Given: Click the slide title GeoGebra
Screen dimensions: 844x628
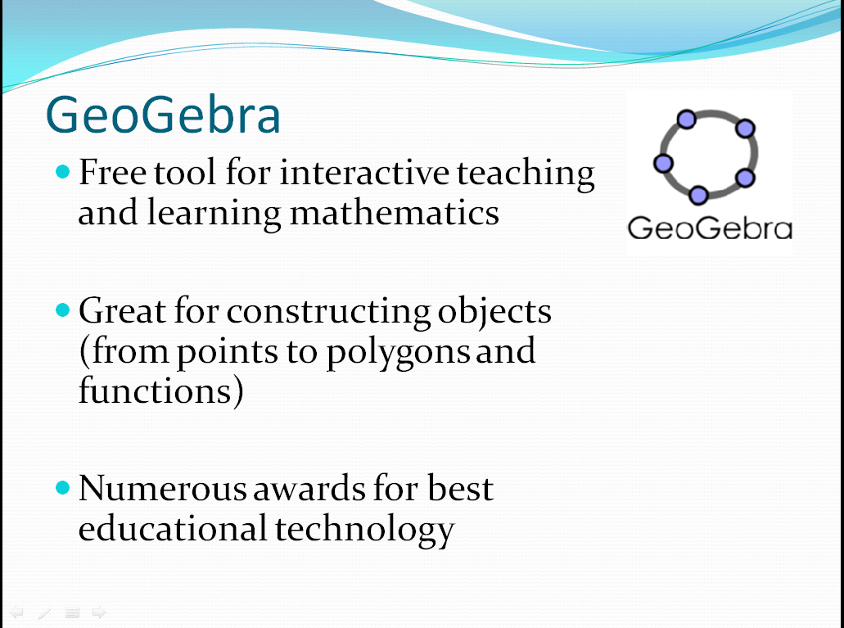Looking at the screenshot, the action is coord(163,114).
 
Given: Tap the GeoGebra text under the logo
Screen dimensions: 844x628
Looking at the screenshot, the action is coord(710,228).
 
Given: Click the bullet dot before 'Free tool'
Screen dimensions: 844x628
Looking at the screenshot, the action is coord(63,172).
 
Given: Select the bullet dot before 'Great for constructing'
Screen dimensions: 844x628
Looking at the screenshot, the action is coord(63,309).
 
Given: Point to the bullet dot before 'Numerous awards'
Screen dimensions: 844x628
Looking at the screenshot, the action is coord(63,487).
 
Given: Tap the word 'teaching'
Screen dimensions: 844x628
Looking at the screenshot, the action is coord(526,174).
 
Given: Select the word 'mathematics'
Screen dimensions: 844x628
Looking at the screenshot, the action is coord(395,213).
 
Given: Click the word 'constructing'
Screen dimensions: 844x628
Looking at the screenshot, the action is coord(328,313).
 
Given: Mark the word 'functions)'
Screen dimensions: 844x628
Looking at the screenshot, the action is coord(161,391).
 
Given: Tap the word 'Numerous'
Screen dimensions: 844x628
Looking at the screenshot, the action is coord(163,489).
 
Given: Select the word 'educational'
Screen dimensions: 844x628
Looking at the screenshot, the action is coord(173,528).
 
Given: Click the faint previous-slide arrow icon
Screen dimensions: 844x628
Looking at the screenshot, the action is coord(16,612).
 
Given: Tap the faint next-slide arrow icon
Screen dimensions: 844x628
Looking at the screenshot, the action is coord(99,612).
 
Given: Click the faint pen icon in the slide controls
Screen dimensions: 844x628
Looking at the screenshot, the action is coord(44,613).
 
